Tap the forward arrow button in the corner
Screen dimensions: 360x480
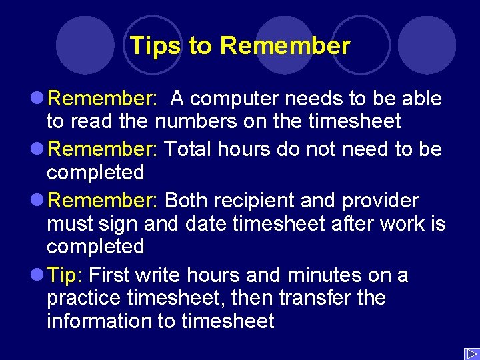471,353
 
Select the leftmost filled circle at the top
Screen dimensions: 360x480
85,45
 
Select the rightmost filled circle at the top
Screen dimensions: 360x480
427,45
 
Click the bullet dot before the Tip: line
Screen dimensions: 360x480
38,275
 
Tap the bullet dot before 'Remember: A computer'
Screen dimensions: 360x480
38,99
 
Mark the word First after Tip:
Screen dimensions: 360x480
110,275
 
